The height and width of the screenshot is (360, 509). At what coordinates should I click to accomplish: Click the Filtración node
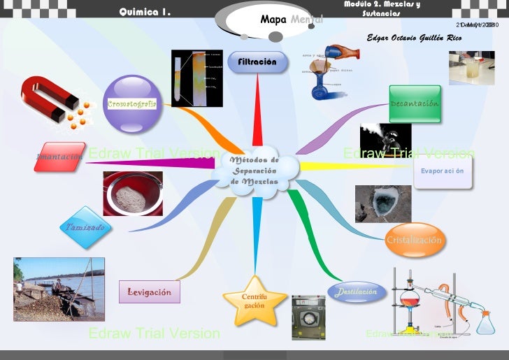click(257, 62)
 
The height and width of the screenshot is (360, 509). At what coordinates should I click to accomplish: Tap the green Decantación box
click(415, 103)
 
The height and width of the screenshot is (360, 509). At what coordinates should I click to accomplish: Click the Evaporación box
click(442, 171)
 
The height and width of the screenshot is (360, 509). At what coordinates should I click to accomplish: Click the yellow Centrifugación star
click(254, 302)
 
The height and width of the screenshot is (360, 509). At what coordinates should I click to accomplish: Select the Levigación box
click(149, 291)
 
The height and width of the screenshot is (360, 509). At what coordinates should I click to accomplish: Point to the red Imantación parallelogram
click(59, 157)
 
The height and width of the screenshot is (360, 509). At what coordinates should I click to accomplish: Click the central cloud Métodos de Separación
click(255, 170)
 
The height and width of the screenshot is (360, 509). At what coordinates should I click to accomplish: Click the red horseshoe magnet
click(48, 98)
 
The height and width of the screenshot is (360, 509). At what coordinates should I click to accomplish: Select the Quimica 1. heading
click(145, 12)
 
